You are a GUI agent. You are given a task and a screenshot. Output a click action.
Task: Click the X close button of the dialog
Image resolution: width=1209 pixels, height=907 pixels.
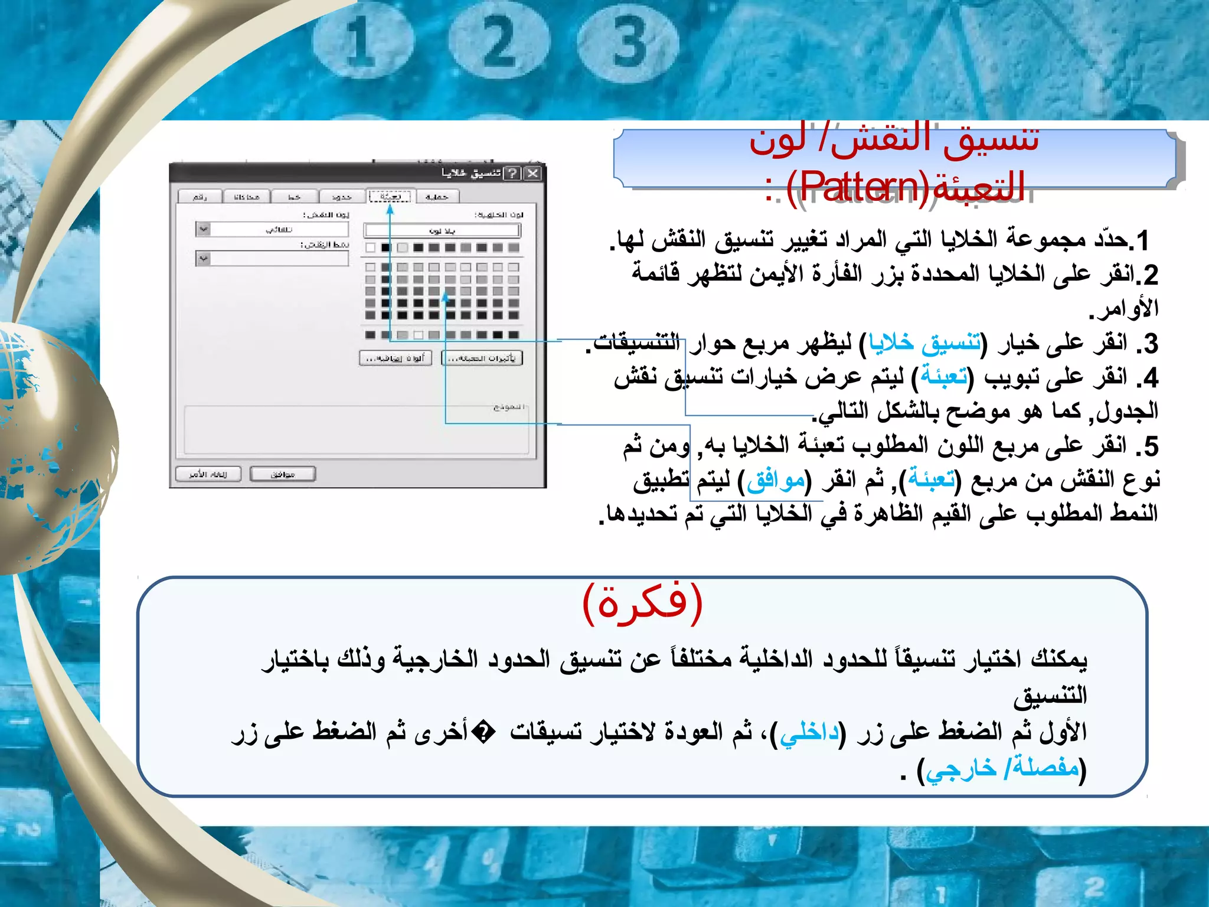532,173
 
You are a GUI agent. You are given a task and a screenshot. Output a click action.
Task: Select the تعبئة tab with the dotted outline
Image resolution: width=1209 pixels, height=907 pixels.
390,196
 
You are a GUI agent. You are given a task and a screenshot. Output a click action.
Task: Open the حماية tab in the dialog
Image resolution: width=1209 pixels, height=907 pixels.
437,197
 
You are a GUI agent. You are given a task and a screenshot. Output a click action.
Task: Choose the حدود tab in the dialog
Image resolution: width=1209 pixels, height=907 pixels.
341,197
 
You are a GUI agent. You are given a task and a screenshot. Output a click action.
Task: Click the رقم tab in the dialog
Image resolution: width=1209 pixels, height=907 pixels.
200,197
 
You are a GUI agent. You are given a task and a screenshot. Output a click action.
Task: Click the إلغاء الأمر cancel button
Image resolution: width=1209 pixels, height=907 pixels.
208,474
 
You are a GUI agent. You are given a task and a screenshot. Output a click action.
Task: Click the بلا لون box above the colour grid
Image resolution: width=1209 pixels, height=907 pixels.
442,230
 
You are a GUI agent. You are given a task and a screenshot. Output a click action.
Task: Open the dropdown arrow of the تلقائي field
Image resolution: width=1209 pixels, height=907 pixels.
203,229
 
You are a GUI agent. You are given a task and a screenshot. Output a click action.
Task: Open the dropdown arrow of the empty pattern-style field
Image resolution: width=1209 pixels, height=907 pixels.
203,259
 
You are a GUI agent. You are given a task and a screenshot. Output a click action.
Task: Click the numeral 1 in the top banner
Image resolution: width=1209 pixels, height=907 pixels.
361,41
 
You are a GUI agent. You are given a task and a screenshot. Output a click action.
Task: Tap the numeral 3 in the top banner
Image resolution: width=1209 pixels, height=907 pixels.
629,41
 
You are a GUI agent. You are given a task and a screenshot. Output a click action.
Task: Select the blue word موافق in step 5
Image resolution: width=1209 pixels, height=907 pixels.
776,481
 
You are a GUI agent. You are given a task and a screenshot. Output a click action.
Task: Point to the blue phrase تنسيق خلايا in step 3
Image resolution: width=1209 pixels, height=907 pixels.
924,343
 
